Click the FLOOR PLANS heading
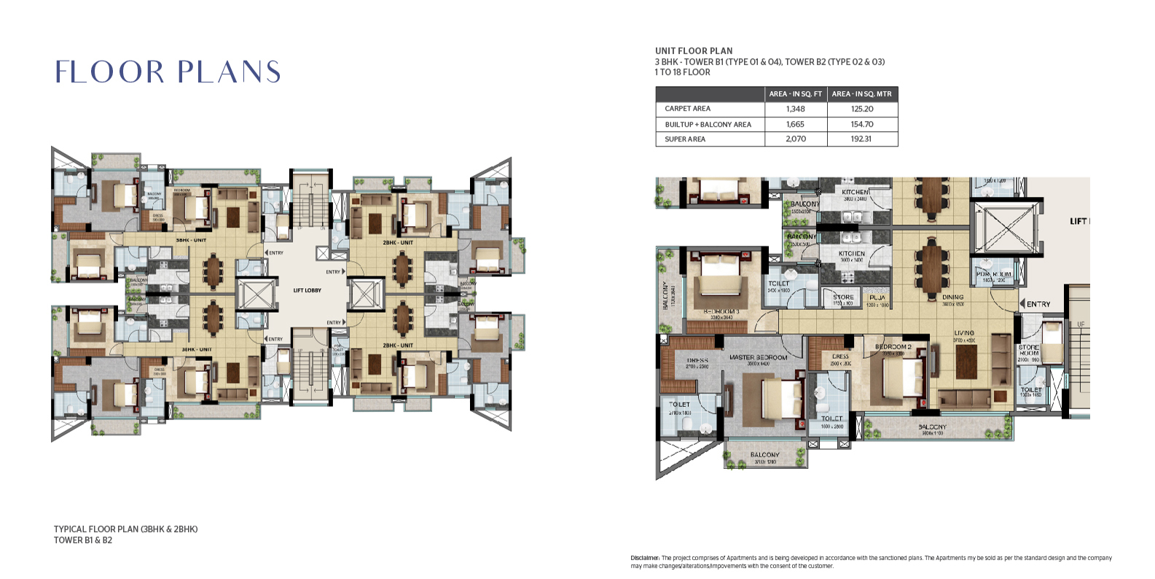(168, 71)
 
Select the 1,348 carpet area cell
(795, 109)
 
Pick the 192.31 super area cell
(861, 139)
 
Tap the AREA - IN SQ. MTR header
(861, 93)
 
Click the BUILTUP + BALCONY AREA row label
(708, 124)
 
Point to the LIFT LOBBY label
(307, 290)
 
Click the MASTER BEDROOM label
(758, 357)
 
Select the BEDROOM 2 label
(893, 346)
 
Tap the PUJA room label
(877, 298)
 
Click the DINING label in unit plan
(952, 298)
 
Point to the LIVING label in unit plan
(964, 333)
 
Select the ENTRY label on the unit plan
(1038, 304)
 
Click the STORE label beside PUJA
(843, 297)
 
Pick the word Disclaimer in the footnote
(645, 558)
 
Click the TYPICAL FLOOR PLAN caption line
(125, 529)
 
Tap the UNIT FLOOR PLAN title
(694, 51)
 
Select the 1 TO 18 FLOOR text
(682, 72)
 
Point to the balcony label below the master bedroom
(764, 454)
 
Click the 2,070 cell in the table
(795, 139)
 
